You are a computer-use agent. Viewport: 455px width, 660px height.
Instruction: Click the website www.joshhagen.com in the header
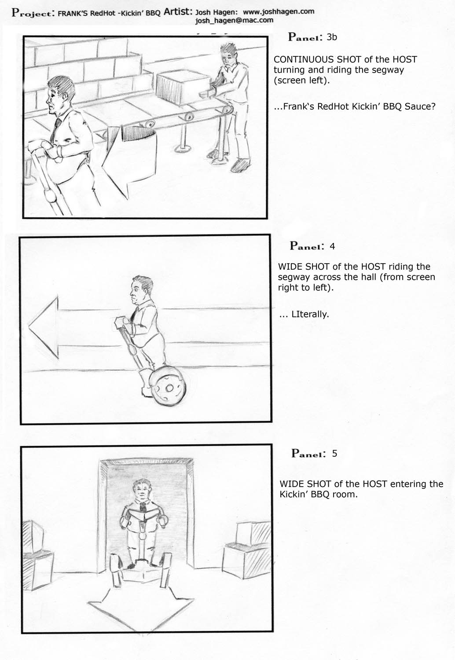[x=279, y=12]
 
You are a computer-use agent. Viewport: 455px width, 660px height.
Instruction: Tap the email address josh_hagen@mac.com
[x=234, y=20]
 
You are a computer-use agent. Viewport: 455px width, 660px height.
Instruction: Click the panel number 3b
[x=332, y=37]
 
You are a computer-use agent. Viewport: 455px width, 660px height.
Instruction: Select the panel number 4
[x=332, y=246]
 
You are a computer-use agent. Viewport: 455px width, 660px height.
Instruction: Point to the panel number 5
[x=334, y=454]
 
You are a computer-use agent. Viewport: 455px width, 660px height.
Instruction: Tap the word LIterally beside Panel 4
[x=310, y=315]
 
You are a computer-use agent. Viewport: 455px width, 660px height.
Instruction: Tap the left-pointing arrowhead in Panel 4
[x=44, y=327]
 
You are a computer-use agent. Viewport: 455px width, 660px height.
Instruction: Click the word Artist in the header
[x=178, y=12]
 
